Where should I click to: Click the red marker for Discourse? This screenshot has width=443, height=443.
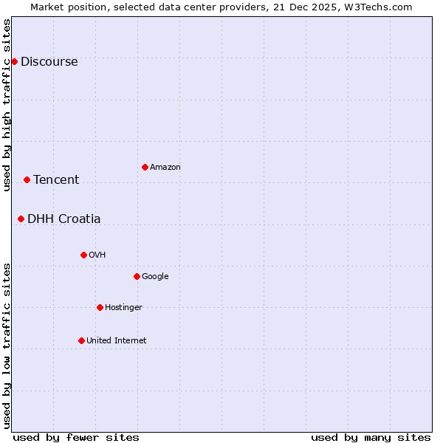coord(14,61)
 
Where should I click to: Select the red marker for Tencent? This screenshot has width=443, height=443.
coord(27,179)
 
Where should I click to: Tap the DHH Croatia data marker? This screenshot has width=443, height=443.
coord(21,219)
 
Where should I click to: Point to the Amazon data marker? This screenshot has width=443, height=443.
coord(145,167)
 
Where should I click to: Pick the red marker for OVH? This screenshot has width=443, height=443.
coord(83,255)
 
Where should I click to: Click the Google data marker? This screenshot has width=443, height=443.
coord(137,276)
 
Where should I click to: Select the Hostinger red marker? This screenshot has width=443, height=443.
coord(100,307)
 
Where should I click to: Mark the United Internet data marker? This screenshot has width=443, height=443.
coord(81,340)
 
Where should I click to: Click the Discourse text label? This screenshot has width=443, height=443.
coord(49,62)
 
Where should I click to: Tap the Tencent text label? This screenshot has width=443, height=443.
coord(56,180)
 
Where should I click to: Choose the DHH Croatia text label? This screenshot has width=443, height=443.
coord(64,219)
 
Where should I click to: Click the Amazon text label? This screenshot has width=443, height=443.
coord(165,168)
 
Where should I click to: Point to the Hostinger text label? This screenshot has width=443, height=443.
coord(123,308)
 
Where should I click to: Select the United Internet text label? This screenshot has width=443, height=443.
coord(117,341)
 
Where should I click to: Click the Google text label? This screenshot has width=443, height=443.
coord(155,277)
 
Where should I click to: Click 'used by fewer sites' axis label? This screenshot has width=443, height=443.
coord(76,437)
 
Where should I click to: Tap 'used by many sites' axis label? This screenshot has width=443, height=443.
coord(371,437)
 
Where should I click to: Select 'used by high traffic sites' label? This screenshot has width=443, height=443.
coord(7,105)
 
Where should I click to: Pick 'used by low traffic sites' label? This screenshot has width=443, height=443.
coord(7,346)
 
